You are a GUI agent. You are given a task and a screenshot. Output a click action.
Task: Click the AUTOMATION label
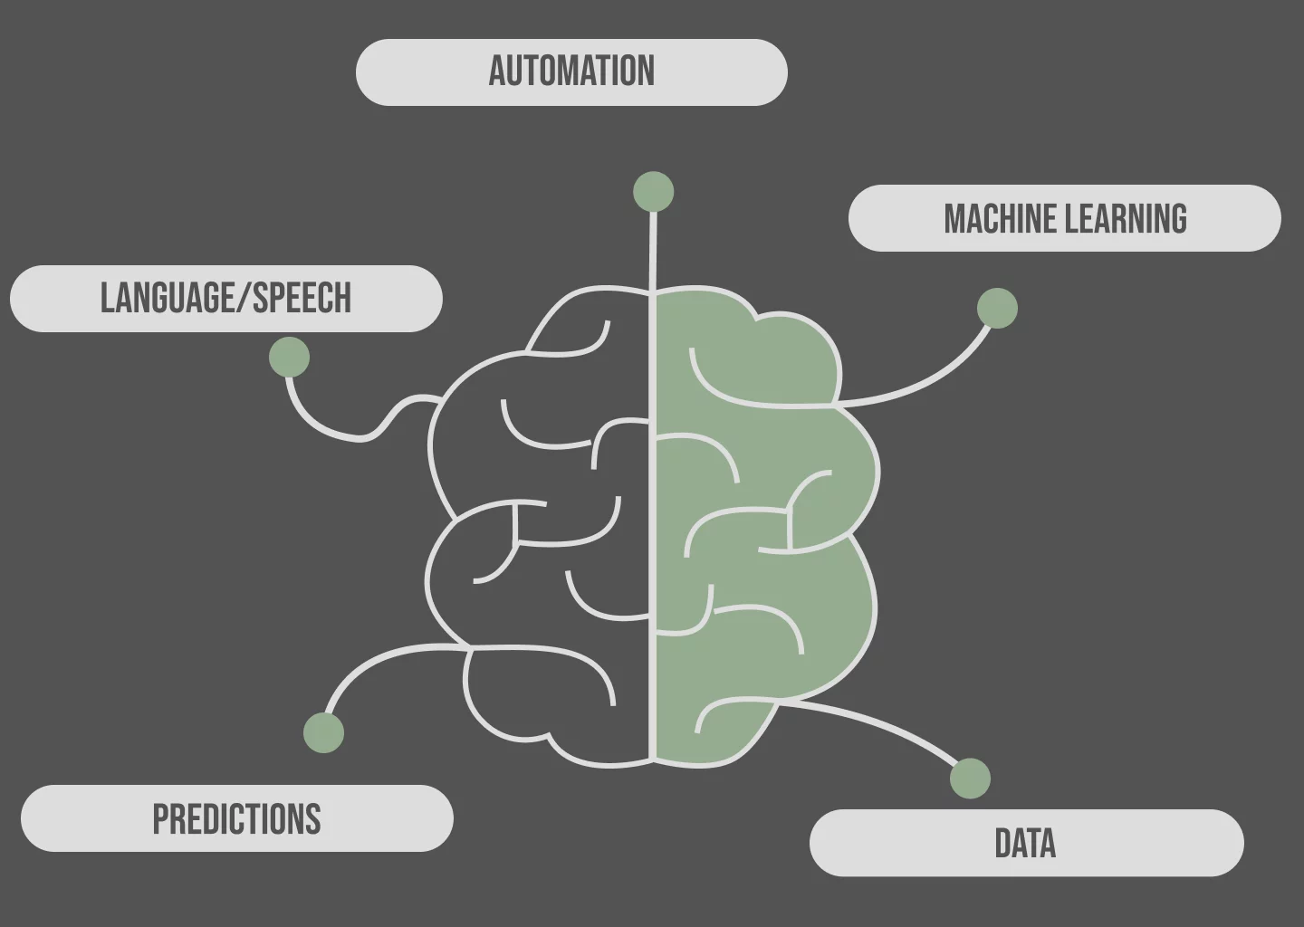click(571, 72)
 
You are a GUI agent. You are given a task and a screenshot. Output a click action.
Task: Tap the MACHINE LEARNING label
click(1065, 218)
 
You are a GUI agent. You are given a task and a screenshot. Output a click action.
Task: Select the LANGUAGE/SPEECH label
click(225, 299)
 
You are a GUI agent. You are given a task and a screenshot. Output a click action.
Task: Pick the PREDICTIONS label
click(237, 818)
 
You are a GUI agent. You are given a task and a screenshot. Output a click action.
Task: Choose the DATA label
click(1026, 843)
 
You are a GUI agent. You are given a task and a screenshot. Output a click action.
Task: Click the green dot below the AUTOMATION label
click(653, 191)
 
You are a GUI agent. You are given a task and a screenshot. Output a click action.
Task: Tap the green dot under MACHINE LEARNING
click(997, 308)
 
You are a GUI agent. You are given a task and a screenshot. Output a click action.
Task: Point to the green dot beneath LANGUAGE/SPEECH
click(290, 357)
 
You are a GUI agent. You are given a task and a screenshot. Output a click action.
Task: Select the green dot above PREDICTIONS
click(323, 732)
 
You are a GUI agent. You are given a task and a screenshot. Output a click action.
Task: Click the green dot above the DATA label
click(970, 778)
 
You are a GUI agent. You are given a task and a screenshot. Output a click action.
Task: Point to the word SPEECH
click(302, 298)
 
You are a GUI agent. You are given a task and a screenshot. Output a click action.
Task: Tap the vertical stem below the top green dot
click(653, 250)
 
